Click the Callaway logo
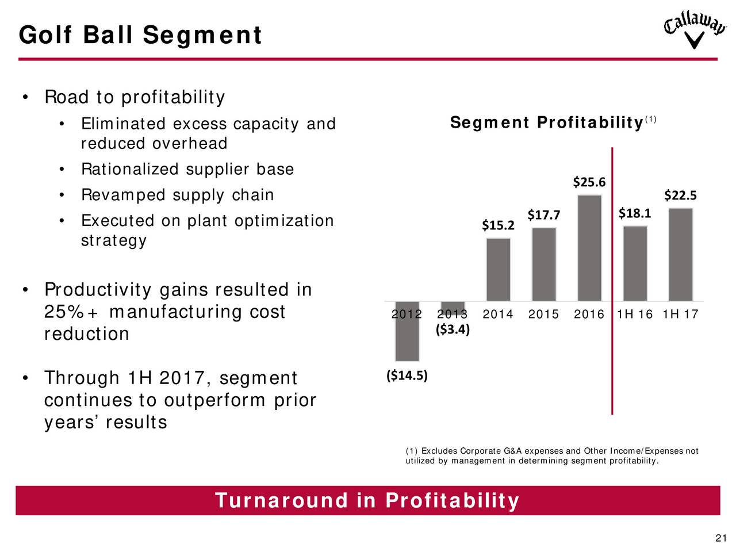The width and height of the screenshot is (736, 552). pyautogui.click(x=695, y=29)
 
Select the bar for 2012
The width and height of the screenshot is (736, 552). pyautogui.click(x=407, y=331)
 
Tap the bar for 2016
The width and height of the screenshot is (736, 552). pyautogui.click(x=589, y=248)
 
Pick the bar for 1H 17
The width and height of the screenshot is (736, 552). pyautogui.click(x=680, y=255)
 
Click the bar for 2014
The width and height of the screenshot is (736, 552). pyautogui.click(x=498, y=270)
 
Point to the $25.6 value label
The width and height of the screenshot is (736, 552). pyautogui.click(x=589, y=182)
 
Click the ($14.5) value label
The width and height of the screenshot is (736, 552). pyautogui.click(x=407, y=375)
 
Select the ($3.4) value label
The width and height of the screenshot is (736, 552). pyautogui.click(x=453, y=329)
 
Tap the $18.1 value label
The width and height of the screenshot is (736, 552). pyautogui.click(x=634, y=213)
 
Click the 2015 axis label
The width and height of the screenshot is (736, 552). pyautogui.click(x=543, y=314)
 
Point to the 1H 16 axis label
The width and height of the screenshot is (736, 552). pyautogui.click(x=634, y=314)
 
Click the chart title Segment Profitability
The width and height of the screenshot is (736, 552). pyautogui.click(x=547, y=122)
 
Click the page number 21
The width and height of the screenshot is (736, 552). pyautogui.click(x=721, y=538)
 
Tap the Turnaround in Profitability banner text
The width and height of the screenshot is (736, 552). pyautogui.click(x=367, y=500)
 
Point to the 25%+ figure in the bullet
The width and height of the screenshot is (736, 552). pyautogui.click(x=71, y=312)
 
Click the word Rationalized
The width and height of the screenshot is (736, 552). pyautogui.click(x=130, y=169)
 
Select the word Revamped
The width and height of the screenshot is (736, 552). pyautogui.click(x=123, y=195)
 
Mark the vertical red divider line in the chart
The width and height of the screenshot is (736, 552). pyautogui.click(x=612, y=281)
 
